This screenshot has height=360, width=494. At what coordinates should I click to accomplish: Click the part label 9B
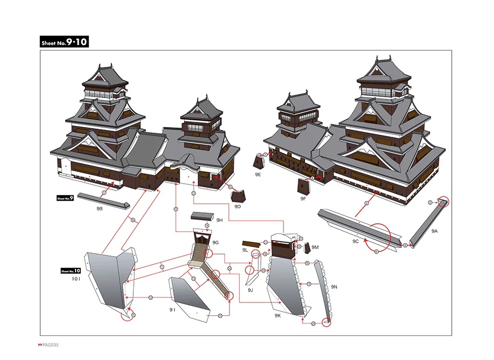pos(99,209)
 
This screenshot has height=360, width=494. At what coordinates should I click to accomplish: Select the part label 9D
pos(237,206)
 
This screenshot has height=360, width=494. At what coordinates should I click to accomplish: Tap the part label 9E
pos(258,174)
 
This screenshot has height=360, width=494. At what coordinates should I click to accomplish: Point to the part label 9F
pos(303,198)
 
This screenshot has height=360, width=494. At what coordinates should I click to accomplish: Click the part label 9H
pos(220,220)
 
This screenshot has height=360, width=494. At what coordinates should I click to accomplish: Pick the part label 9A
pos(434,231)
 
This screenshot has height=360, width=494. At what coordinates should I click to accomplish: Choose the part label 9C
pos(356,241)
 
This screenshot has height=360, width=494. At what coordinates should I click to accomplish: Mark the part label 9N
pos(334,286)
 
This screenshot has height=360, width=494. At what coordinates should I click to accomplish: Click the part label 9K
pos(278,315)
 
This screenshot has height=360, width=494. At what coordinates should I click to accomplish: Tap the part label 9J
pos(250,290)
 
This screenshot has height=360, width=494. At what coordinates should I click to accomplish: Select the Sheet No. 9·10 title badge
pos(65,42)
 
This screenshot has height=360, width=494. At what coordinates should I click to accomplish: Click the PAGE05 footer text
pos(49,345)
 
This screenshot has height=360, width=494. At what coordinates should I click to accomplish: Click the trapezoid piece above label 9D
pos(238,195)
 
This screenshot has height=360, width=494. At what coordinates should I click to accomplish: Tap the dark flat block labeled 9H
pos(202,216)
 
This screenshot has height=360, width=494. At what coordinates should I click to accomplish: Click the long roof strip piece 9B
pos(103,201)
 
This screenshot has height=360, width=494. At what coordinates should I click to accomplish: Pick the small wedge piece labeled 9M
pos(308,248)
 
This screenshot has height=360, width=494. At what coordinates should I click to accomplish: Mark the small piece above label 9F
pos(303,186)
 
